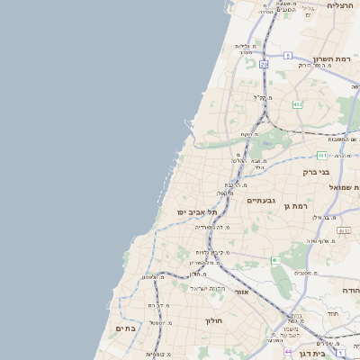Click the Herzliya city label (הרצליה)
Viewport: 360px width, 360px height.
[x=340, y=5]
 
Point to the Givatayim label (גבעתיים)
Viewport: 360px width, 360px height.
[x=261, y=201]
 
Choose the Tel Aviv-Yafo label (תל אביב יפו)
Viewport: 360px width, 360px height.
[x=199, y=211]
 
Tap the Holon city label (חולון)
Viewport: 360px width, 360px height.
[x=213, y=320]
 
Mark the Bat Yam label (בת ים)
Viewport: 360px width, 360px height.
[x=125, y=328]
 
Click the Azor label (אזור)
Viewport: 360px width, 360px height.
[x=241, y=292]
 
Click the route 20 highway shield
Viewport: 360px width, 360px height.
[x=264, y=65]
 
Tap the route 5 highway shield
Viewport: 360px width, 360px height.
[x=288, y=56]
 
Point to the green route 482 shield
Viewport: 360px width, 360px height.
[x=297, y=104]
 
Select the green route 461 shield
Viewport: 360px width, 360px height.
[x=276, y=260]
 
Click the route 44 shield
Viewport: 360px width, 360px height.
[x=287, y=353]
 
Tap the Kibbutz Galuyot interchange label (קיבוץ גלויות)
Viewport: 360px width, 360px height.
[x=213, y=252]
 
